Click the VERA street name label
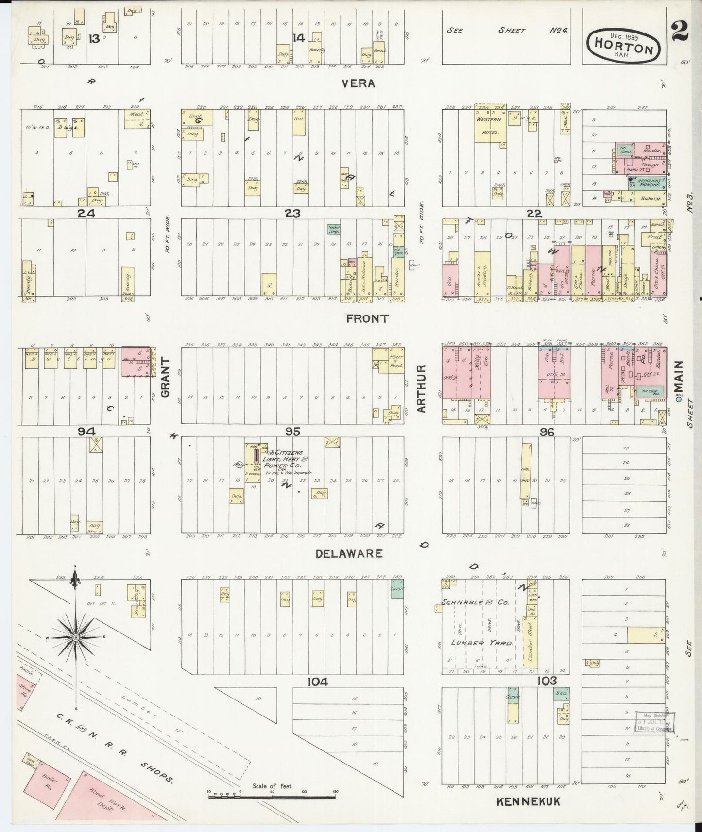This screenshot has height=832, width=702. pos(358,83)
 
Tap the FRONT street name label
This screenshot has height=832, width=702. pos(367,318)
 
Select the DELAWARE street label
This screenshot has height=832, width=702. pos(349,553)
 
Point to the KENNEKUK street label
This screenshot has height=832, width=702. pos(528,801)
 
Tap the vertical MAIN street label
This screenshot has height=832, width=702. pos(678,378)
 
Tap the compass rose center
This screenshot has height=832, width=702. pos(76,637)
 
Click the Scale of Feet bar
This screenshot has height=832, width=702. pos(272,796)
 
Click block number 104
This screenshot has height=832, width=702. pos(318,682)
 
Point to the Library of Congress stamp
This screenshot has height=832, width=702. pos(656,722)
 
